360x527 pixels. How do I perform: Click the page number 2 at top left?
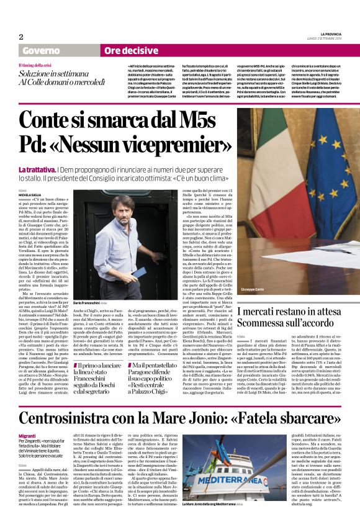point(20,37)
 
